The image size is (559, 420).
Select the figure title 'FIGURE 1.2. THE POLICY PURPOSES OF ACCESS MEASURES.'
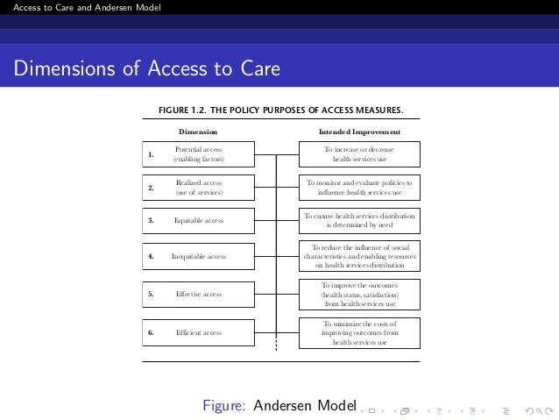pyautogui.click(x=279, y=110)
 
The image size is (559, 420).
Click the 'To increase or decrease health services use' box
pyautogui.click(x=359, y=154)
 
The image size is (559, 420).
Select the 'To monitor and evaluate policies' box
pyautogui.click(x=359, y=187)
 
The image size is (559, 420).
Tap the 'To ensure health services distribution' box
pyautogui.click(x=359, y=220)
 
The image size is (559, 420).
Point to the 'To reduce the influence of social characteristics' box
pyautogui.click(x=359, y=256)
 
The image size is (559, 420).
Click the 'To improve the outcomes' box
pyautogui.click(x=359, y=295)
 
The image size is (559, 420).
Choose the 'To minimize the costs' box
pyautogui.click(x=359, y=333)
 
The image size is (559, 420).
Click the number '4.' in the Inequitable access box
pyautogui.click(x=152, y=257)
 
